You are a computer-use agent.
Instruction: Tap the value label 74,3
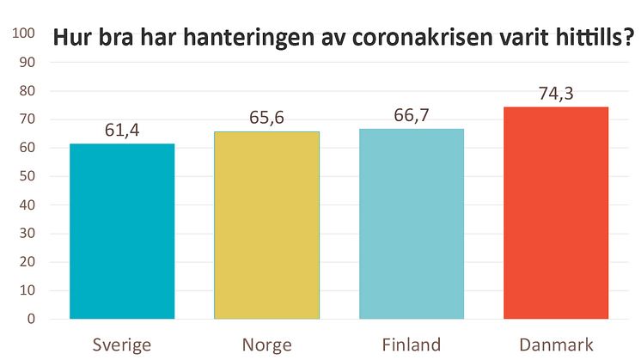(556, 94)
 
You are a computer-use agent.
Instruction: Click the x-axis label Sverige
(122, 345)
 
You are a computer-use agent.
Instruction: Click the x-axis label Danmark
(556, 345)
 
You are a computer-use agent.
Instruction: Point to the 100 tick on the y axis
(24, 34)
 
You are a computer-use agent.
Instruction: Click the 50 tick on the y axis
(27, 176)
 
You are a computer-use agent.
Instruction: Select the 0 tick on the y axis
(31, 319)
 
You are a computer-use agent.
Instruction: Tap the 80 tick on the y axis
(27, 90)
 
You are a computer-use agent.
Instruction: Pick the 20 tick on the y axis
(27, 262)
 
